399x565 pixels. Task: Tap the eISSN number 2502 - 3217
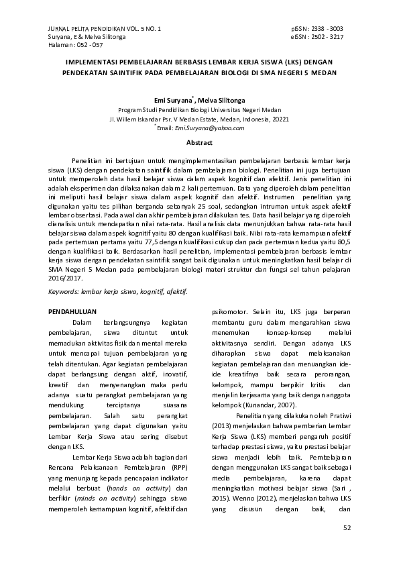coord(329,37)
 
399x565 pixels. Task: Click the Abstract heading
coord(199,143)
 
